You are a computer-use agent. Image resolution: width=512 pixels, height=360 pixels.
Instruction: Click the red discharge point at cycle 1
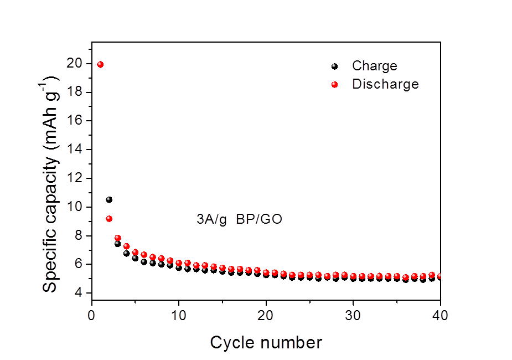tap(100, 64)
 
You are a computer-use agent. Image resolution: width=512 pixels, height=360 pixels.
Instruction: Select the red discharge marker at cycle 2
tap(109, 219)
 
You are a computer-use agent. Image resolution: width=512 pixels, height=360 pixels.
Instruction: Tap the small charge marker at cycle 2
tap(108, 198)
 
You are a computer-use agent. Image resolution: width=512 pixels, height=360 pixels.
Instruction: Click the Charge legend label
tap(375, 66)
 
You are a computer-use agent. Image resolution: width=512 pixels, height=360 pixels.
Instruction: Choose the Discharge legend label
tap(385, 84)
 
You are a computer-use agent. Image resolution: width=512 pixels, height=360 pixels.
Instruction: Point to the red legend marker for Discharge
tap(334, 85)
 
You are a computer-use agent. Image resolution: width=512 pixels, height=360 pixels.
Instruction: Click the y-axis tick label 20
tap(75, 63)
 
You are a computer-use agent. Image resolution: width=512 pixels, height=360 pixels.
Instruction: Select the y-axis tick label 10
tap(75, 207)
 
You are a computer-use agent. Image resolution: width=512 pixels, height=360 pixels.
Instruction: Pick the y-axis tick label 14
tap(75, 148)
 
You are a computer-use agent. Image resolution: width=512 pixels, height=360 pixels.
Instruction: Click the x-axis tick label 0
tap(92, 316)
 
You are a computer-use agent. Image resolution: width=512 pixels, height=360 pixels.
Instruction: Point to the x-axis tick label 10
tap(179, 316)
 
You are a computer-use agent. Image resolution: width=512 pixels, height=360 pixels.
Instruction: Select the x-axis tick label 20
tap(266, 316)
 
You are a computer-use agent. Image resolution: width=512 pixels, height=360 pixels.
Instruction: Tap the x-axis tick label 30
tap(353, 316)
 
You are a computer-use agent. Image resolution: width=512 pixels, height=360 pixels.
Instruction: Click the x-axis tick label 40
tap(439, 316)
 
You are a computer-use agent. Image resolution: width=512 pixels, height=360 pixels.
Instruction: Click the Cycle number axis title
tap(266, 342)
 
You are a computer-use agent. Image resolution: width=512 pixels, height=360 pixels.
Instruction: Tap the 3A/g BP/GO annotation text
tap(239, 219)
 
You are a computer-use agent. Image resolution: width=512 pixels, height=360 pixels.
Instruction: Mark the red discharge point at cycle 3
tap(117, 238)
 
